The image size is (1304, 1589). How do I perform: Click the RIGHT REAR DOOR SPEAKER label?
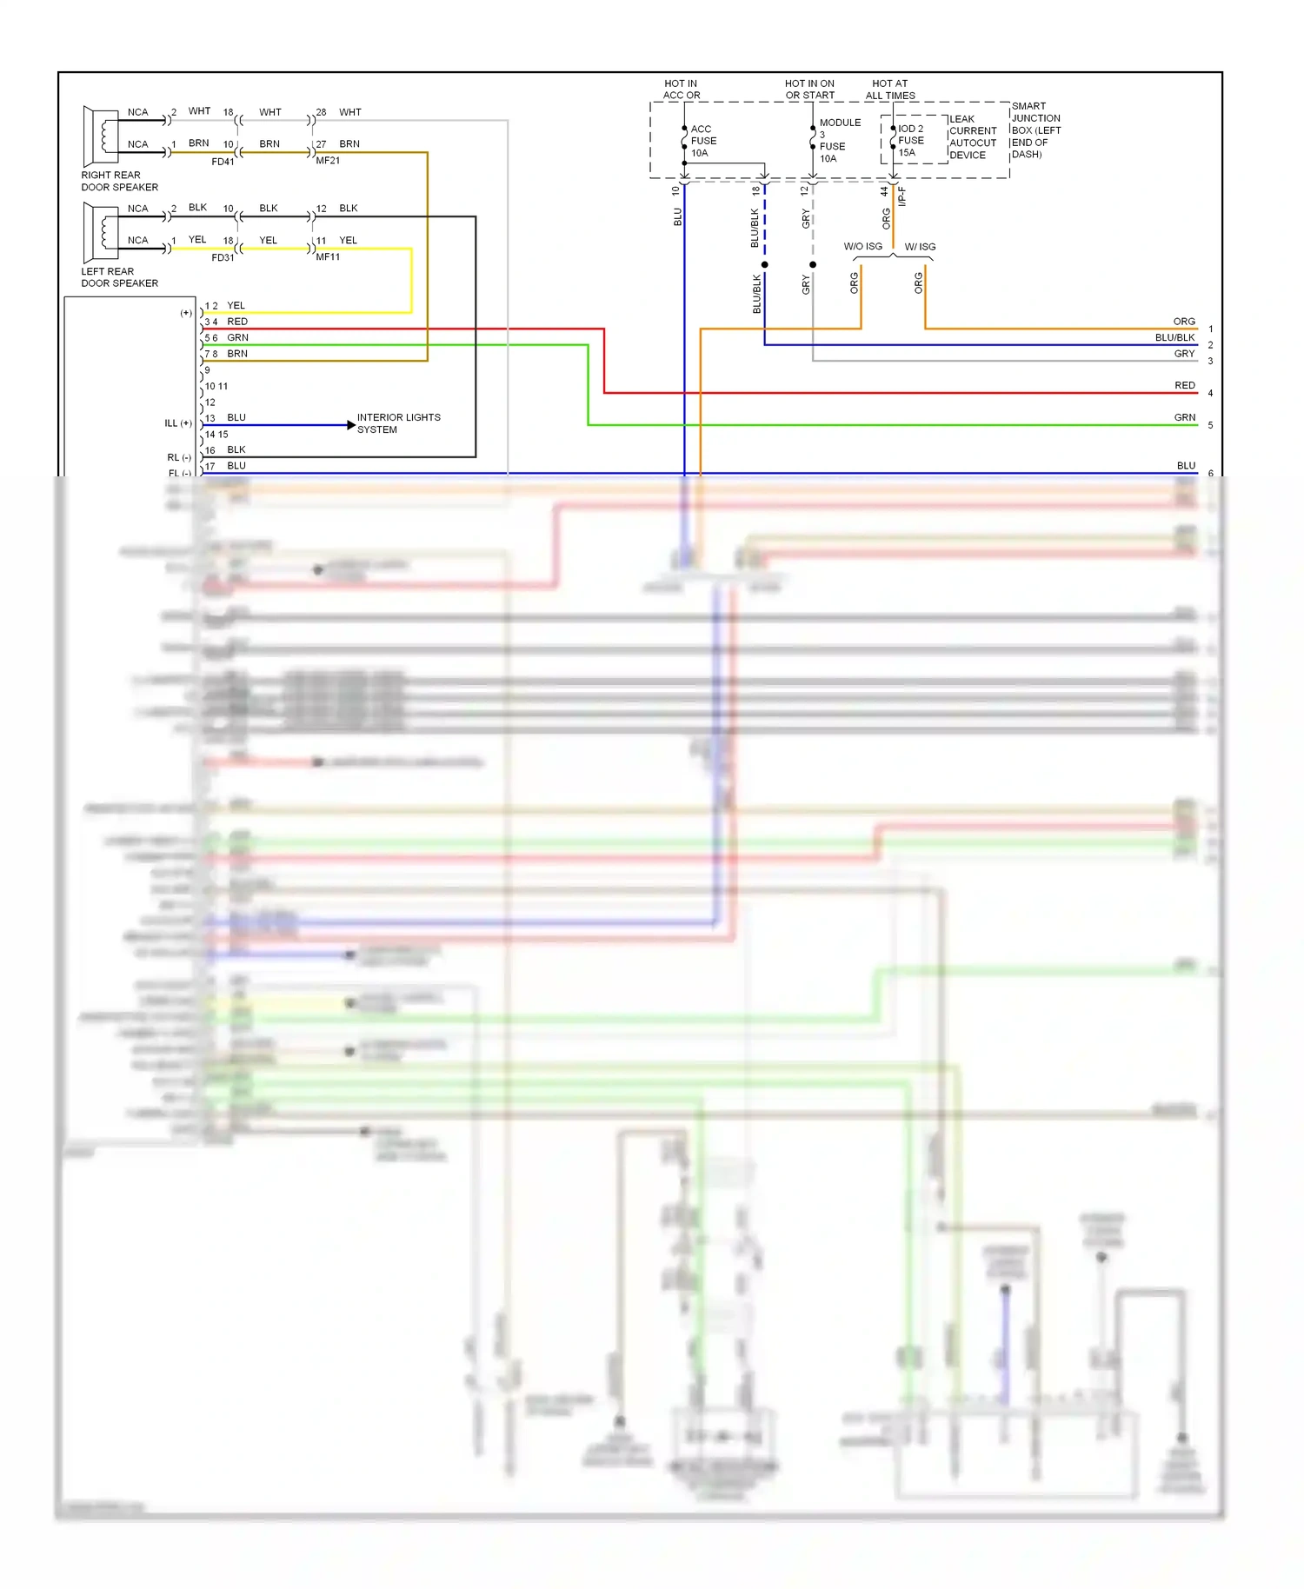tap(119, 181)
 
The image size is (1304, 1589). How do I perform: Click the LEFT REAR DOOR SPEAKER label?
tap(119, 277)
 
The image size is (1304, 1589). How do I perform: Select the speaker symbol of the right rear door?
tap(101, 135)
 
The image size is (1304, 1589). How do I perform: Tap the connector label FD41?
tap(223, 162)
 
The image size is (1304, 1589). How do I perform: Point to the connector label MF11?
tap(328, 257)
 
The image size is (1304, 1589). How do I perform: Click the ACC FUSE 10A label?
tap(702, 141)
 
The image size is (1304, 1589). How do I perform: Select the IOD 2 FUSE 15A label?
tap(910, 140)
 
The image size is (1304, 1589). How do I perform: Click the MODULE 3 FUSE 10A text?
tap(838, 140)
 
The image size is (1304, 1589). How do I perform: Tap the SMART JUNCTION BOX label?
tap(1035, 130)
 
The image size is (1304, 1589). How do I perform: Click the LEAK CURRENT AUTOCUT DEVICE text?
tap(972, 137)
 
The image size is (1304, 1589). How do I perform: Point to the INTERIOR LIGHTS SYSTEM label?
tap(398, 423)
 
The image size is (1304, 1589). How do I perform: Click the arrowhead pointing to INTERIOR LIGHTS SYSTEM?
tap(350, 425)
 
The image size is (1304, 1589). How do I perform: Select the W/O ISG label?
tap(862, 247)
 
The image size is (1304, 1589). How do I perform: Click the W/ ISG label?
tap(920, 247)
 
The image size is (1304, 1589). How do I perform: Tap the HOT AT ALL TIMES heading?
tap(890, 90)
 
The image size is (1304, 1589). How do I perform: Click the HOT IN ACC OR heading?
tap(681, 90)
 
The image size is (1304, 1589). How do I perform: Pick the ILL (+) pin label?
tap(177, 423)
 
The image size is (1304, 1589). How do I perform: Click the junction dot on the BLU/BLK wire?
tap(764, 264)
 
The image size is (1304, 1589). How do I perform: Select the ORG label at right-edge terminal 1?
tap(1183, 322)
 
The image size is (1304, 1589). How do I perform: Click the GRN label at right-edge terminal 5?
tap(1184, 418)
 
